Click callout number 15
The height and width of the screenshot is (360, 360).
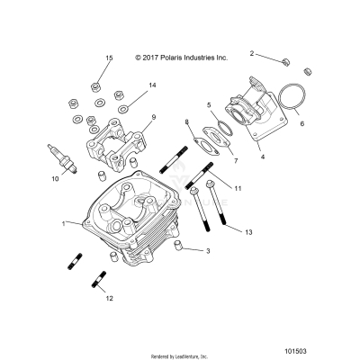click(109, 58)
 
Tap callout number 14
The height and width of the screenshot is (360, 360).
click(152, 85)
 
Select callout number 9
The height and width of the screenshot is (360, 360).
click(154, 117)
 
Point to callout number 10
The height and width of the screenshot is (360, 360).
click(55, 179)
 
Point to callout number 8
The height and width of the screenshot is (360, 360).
click(187, 121)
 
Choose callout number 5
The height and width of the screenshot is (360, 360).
click(208, 104)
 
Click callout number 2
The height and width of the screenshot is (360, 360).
click(252, 53)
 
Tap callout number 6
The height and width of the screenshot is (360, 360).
click(302, 123)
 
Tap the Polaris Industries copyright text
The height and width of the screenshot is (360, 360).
click(181, 57)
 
